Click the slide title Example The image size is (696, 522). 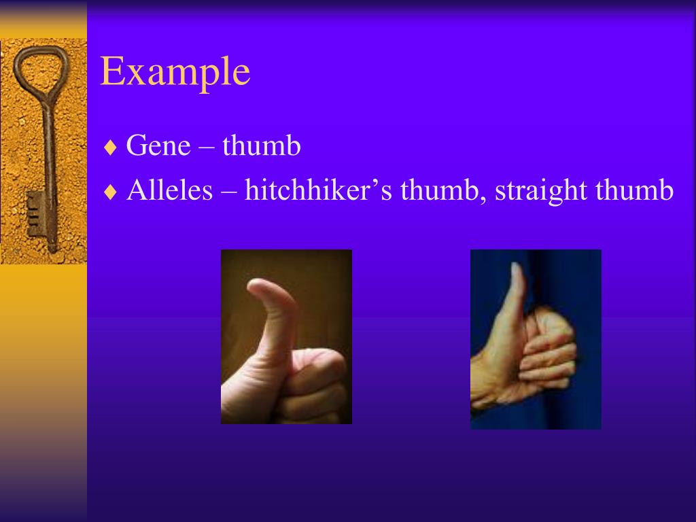pyautogui.click(x=175, y=73)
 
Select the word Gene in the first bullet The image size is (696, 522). pyautogui.click(x=158, y=146)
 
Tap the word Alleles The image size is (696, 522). pyautogui.click(x=170, y=190)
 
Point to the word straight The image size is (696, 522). pyautogui.click(x=540, y=191)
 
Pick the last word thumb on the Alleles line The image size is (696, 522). pyautogui.click(x=634, y=190)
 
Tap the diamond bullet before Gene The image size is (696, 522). pyautogui.click(x=111, y=147)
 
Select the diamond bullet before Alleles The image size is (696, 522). pyautogui.click(x=111, y=192)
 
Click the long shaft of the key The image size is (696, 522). pyautogui.click(x=49, y=156)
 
